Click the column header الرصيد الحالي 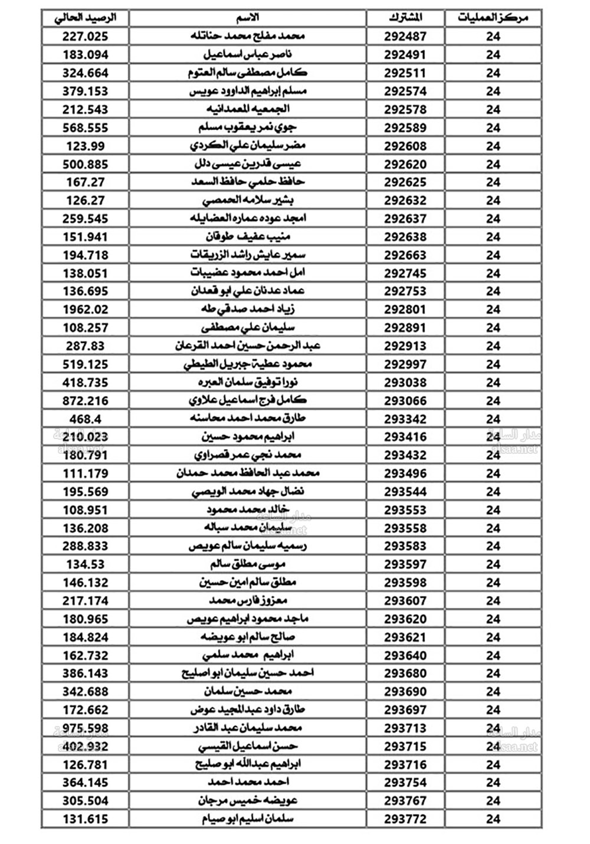click(x=86, y=18)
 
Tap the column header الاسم click(x=247, y=18)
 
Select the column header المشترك click(x=405, y=18)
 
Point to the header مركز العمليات click(x=493, y=18)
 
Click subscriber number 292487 click(x=405, y=37)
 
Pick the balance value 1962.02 click(x=86, y=309)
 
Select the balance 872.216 click(x=86, y=401)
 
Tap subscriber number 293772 click(x=405, y=819)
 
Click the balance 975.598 click(x=86, y=728)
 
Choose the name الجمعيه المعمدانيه click(x=248, y=109)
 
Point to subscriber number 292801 click(x=405, y=309)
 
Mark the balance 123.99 click(x=86, y=146)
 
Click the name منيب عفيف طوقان click(x=248, y=237)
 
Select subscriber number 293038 click(x=405, y=382)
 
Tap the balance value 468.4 click(x=86, y=419)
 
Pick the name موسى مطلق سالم click(x=248, y=564)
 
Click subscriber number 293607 click(x=405, y=601)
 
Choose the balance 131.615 click(x=86, y=819)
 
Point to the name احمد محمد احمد click(x=248, y=783)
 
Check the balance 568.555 click(x=86, y=127)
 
